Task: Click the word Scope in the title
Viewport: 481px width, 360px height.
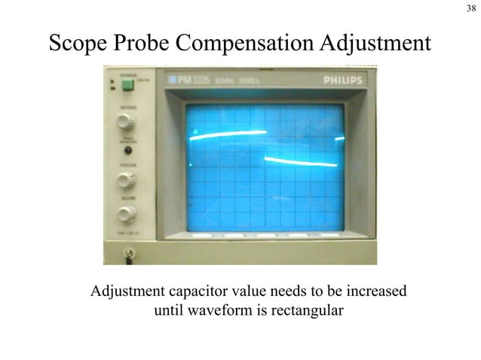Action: [x=79, y=44]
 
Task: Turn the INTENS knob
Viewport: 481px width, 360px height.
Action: [x=126, y=122]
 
